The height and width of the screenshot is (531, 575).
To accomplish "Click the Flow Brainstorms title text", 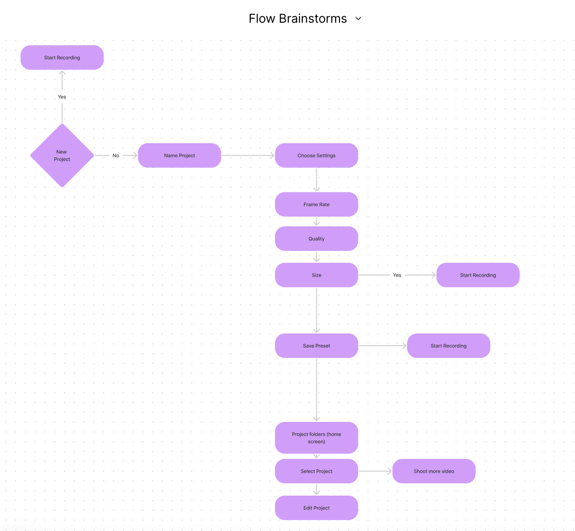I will coord(298,19).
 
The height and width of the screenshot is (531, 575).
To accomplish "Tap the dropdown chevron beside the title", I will coord(358,19).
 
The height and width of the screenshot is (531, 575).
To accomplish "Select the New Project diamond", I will coord(62,156).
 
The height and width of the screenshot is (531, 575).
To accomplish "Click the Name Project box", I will coord(180,156).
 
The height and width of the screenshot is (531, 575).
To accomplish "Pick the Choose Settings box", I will coord(316,156).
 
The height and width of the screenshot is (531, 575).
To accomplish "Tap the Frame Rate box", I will coord(316,205).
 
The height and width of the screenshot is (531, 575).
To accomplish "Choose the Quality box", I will coord(316,239).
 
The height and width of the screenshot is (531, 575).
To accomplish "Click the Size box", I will coord(316,275).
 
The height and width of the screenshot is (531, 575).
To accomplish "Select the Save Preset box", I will coord(316,346).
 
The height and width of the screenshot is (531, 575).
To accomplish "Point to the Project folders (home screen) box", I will coord(316,437).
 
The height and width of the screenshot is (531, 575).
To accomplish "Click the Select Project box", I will coord(316,471).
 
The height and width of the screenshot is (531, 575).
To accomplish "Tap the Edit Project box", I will coord(316,508).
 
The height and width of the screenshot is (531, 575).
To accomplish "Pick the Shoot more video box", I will coord(434,471).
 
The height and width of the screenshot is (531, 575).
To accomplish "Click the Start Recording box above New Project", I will coord(62,58).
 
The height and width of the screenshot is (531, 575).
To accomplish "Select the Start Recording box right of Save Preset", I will coord(448,346).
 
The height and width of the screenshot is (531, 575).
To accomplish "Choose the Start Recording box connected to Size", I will coord(478,275).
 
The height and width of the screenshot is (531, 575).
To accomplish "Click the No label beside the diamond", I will coord(116,156).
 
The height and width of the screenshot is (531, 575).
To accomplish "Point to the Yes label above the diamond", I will coord(62,97).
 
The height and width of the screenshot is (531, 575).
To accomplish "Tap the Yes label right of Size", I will coord(397,275).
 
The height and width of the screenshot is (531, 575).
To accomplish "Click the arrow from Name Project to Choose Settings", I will coord(248,156).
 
